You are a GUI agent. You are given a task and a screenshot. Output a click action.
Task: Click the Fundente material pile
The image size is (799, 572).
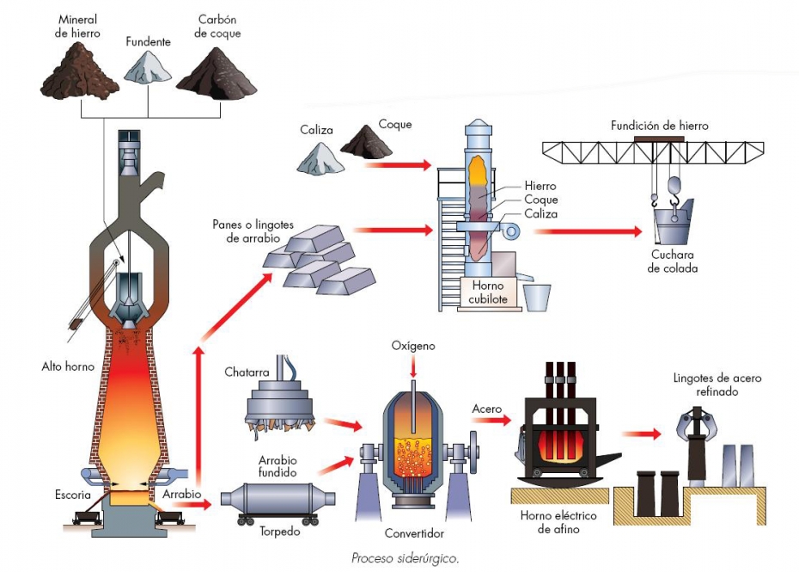pyautogui.click(x=148, y=67)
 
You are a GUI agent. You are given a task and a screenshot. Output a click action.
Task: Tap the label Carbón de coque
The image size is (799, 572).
pyautogui.click(x=217, y=27)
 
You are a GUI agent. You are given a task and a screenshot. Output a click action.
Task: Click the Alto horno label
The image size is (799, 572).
pyautogui.click(x=68, y=366)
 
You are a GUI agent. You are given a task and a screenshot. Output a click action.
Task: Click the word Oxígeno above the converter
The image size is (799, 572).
pyautogui.click(x=413, y=346)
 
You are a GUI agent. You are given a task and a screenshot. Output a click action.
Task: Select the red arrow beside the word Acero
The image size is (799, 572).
pyautogui.click(x=491, y=420)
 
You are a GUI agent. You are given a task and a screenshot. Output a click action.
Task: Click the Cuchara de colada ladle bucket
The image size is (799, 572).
pyautogui.click(x=673, y=222)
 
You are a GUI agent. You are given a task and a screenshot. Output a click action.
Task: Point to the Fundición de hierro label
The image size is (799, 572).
pyautogui.click(x=659, y=126)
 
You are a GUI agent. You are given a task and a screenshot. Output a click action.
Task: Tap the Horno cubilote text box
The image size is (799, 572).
pyautogui.click(x=488, y=292)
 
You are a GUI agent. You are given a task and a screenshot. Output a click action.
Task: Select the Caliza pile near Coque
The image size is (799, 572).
pyautogui.click(x=320, y=158)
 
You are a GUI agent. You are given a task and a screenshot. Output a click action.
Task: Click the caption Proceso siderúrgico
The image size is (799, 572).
pyautogui.click(x=406, y=558)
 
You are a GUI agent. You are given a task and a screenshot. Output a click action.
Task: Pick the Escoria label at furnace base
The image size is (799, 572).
pyautogui.click(x=73, y=495)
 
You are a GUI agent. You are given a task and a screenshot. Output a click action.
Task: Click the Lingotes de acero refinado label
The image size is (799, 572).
pyautogui.click(x=717, y=384)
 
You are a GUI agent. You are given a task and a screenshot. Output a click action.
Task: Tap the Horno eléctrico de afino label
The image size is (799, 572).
pyautogui.click(x=558, y=522)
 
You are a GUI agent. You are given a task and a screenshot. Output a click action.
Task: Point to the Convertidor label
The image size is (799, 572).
pyautogui.click(x=414, y=533)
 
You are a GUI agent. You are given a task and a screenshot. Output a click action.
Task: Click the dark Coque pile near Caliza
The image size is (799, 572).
pyautogui.click(x=366, y=141)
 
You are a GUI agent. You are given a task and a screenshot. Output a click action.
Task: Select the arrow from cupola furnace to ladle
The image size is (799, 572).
pyautogui.click(x=588, y=231)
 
